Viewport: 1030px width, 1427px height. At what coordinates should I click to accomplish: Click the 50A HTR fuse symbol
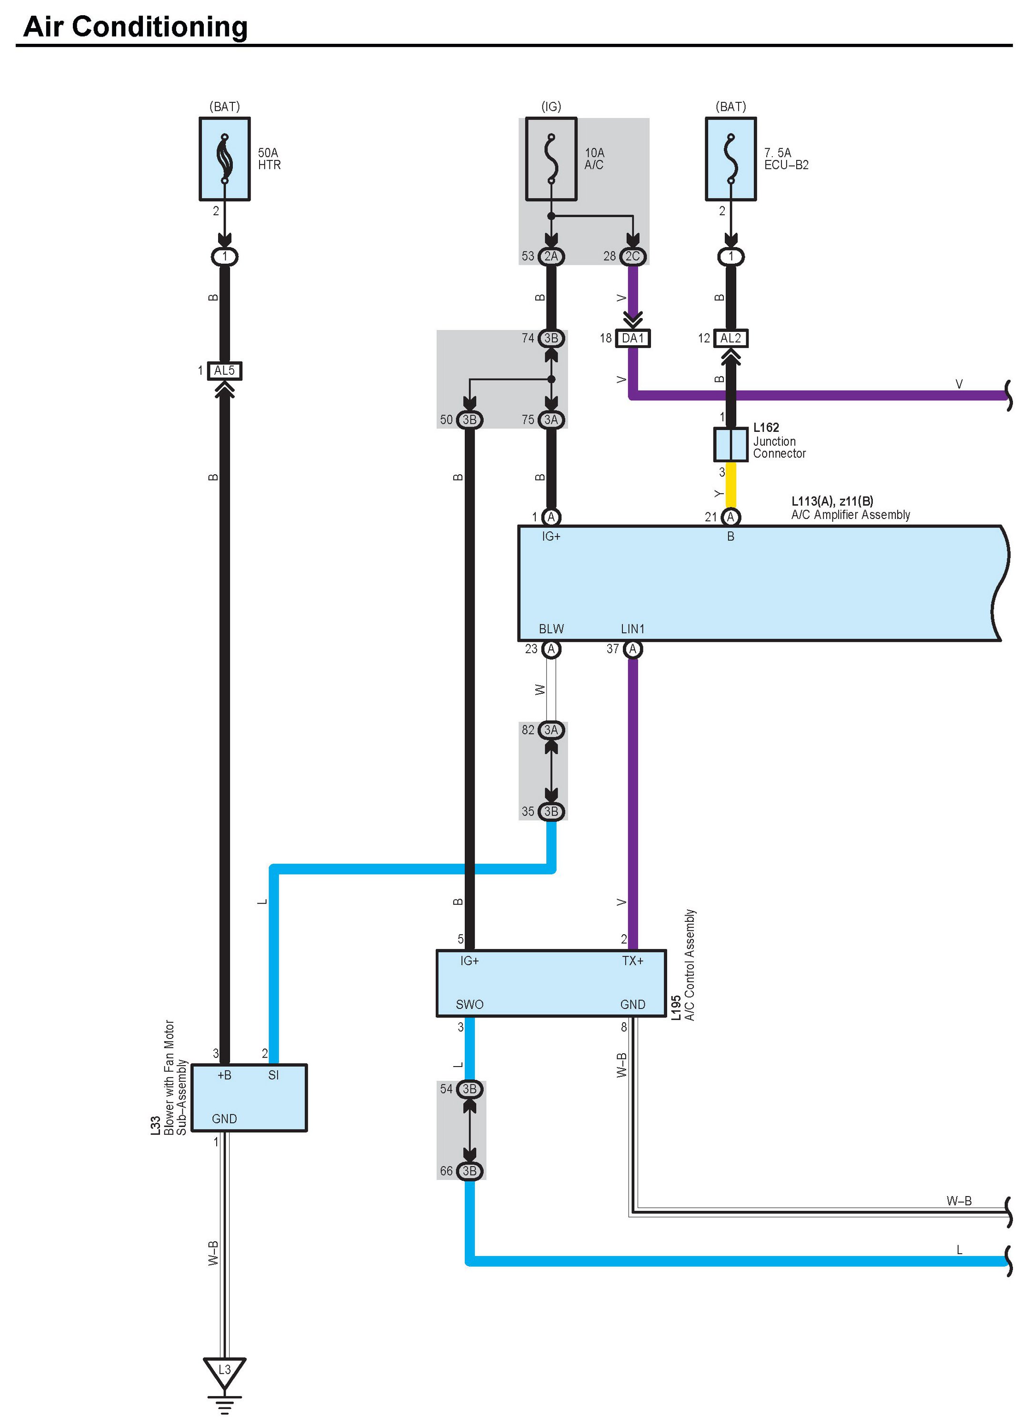click(225, 159)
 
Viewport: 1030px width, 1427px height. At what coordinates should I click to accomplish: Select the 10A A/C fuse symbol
click(551, 159)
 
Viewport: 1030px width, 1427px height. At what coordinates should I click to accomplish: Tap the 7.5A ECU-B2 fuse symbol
click(730, 159)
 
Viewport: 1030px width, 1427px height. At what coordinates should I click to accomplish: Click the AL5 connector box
click(225, 370)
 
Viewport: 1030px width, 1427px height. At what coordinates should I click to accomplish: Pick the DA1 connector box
click(633, 339)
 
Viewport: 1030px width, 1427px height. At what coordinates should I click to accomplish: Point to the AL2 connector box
click(730, 339)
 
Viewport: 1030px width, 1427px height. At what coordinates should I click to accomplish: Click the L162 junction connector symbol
click(730, 445)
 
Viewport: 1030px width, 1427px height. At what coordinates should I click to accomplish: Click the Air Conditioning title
click(135, 27)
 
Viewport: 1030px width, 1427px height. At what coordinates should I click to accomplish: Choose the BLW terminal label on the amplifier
click(551, 629)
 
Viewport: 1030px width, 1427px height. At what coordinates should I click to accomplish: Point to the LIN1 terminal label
click(633, 629)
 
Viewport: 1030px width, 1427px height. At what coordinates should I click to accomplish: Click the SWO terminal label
click(470, 1004)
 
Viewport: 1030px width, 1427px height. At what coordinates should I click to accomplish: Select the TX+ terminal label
click(633, 961)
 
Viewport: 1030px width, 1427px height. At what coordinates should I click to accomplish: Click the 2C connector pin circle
click(633, 257)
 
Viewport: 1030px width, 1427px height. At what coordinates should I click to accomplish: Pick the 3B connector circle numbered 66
click(470, 1171)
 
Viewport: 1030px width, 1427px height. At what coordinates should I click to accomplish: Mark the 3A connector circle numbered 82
click(551, 730)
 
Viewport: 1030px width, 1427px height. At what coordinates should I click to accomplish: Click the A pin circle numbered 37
click(633, 649)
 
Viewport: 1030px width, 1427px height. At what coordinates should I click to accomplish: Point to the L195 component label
click(676, 1008)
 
